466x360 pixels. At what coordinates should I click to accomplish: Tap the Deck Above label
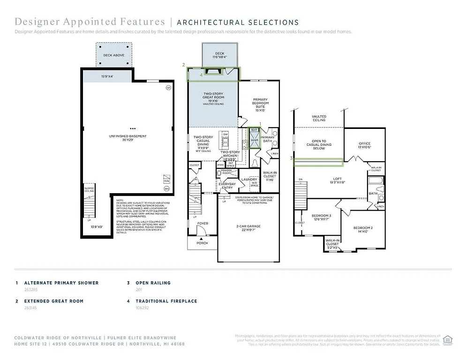(x=113, y=55)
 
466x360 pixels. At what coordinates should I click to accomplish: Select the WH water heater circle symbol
(x=167, y=189)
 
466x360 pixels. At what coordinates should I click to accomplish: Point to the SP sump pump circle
(x=168, y=88)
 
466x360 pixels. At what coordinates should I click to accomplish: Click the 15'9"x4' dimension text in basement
(x=107, y=76)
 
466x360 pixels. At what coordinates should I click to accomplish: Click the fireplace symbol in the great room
(x=213, y=71)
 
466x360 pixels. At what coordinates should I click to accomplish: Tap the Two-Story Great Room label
(x=213, y=97)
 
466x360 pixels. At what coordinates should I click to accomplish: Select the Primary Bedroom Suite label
(x=260, y=105)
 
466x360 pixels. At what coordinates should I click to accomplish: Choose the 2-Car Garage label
(x=248, y=228)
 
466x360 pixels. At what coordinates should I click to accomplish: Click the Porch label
(x=202, y=243)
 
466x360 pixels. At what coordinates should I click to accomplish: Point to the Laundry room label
(x=248, y=180)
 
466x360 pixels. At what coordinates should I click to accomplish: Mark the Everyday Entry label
(x=227, y=186)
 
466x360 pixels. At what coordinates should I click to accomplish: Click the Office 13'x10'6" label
(x=365, y=145)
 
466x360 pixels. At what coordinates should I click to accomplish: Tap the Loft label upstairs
(x=337, y=180)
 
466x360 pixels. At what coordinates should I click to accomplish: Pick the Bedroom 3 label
(x=321, y=217)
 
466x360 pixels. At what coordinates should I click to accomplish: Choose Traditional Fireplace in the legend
(x=166, y=301)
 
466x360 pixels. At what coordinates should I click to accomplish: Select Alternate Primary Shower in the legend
(x=61, y=283)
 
